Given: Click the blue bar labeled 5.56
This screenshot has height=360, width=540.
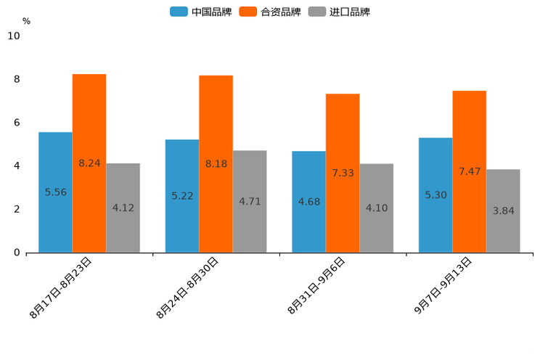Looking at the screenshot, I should click(55, 192).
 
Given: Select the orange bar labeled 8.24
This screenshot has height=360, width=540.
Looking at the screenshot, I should click(89, 163).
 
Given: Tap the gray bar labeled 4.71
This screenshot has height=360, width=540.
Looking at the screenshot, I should click(250, 201).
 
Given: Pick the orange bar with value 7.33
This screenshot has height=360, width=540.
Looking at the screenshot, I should click(343, 173).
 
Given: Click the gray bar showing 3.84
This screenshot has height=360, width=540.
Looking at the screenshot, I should click(503, 210).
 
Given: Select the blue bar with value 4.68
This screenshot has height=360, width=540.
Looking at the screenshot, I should click(308, 201).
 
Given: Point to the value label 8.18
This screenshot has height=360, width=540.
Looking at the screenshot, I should click(216, 164).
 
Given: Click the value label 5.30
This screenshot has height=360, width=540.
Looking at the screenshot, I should click(435, 195).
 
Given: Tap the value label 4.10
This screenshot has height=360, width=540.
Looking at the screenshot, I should click(377, 208).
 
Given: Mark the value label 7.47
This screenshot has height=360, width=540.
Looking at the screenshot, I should click(470, 171).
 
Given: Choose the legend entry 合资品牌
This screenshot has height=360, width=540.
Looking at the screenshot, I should click(280, 12).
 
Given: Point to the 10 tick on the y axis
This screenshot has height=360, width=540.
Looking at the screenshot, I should click(14, 36).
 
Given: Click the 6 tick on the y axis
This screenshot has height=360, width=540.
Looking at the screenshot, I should click(17, 123).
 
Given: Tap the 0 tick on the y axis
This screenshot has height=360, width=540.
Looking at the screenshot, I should click(17, 253).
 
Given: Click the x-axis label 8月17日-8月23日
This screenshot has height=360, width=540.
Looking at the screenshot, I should click(61, 287).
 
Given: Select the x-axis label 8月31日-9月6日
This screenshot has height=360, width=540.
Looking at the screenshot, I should click(316, 285).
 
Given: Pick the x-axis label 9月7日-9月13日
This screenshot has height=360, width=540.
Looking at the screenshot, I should click(443, 285).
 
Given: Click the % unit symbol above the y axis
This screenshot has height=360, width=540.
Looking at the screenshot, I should click(26, 21).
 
